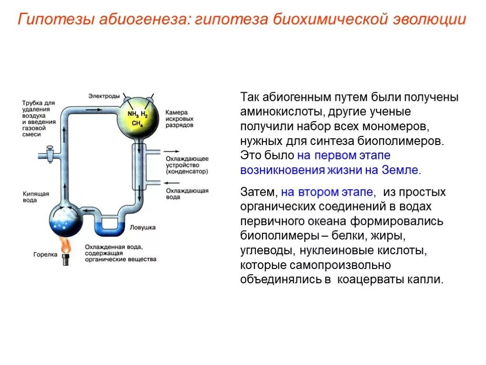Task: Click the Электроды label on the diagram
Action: click(104, 96)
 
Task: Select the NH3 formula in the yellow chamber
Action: click(133, 114)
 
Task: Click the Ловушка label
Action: click(143, 228)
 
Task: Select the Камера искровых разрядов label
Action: click(180, 119)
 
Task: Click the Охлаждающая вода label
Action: click(187, 194)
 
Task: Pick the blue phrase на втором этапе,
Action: click(329, 192)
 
